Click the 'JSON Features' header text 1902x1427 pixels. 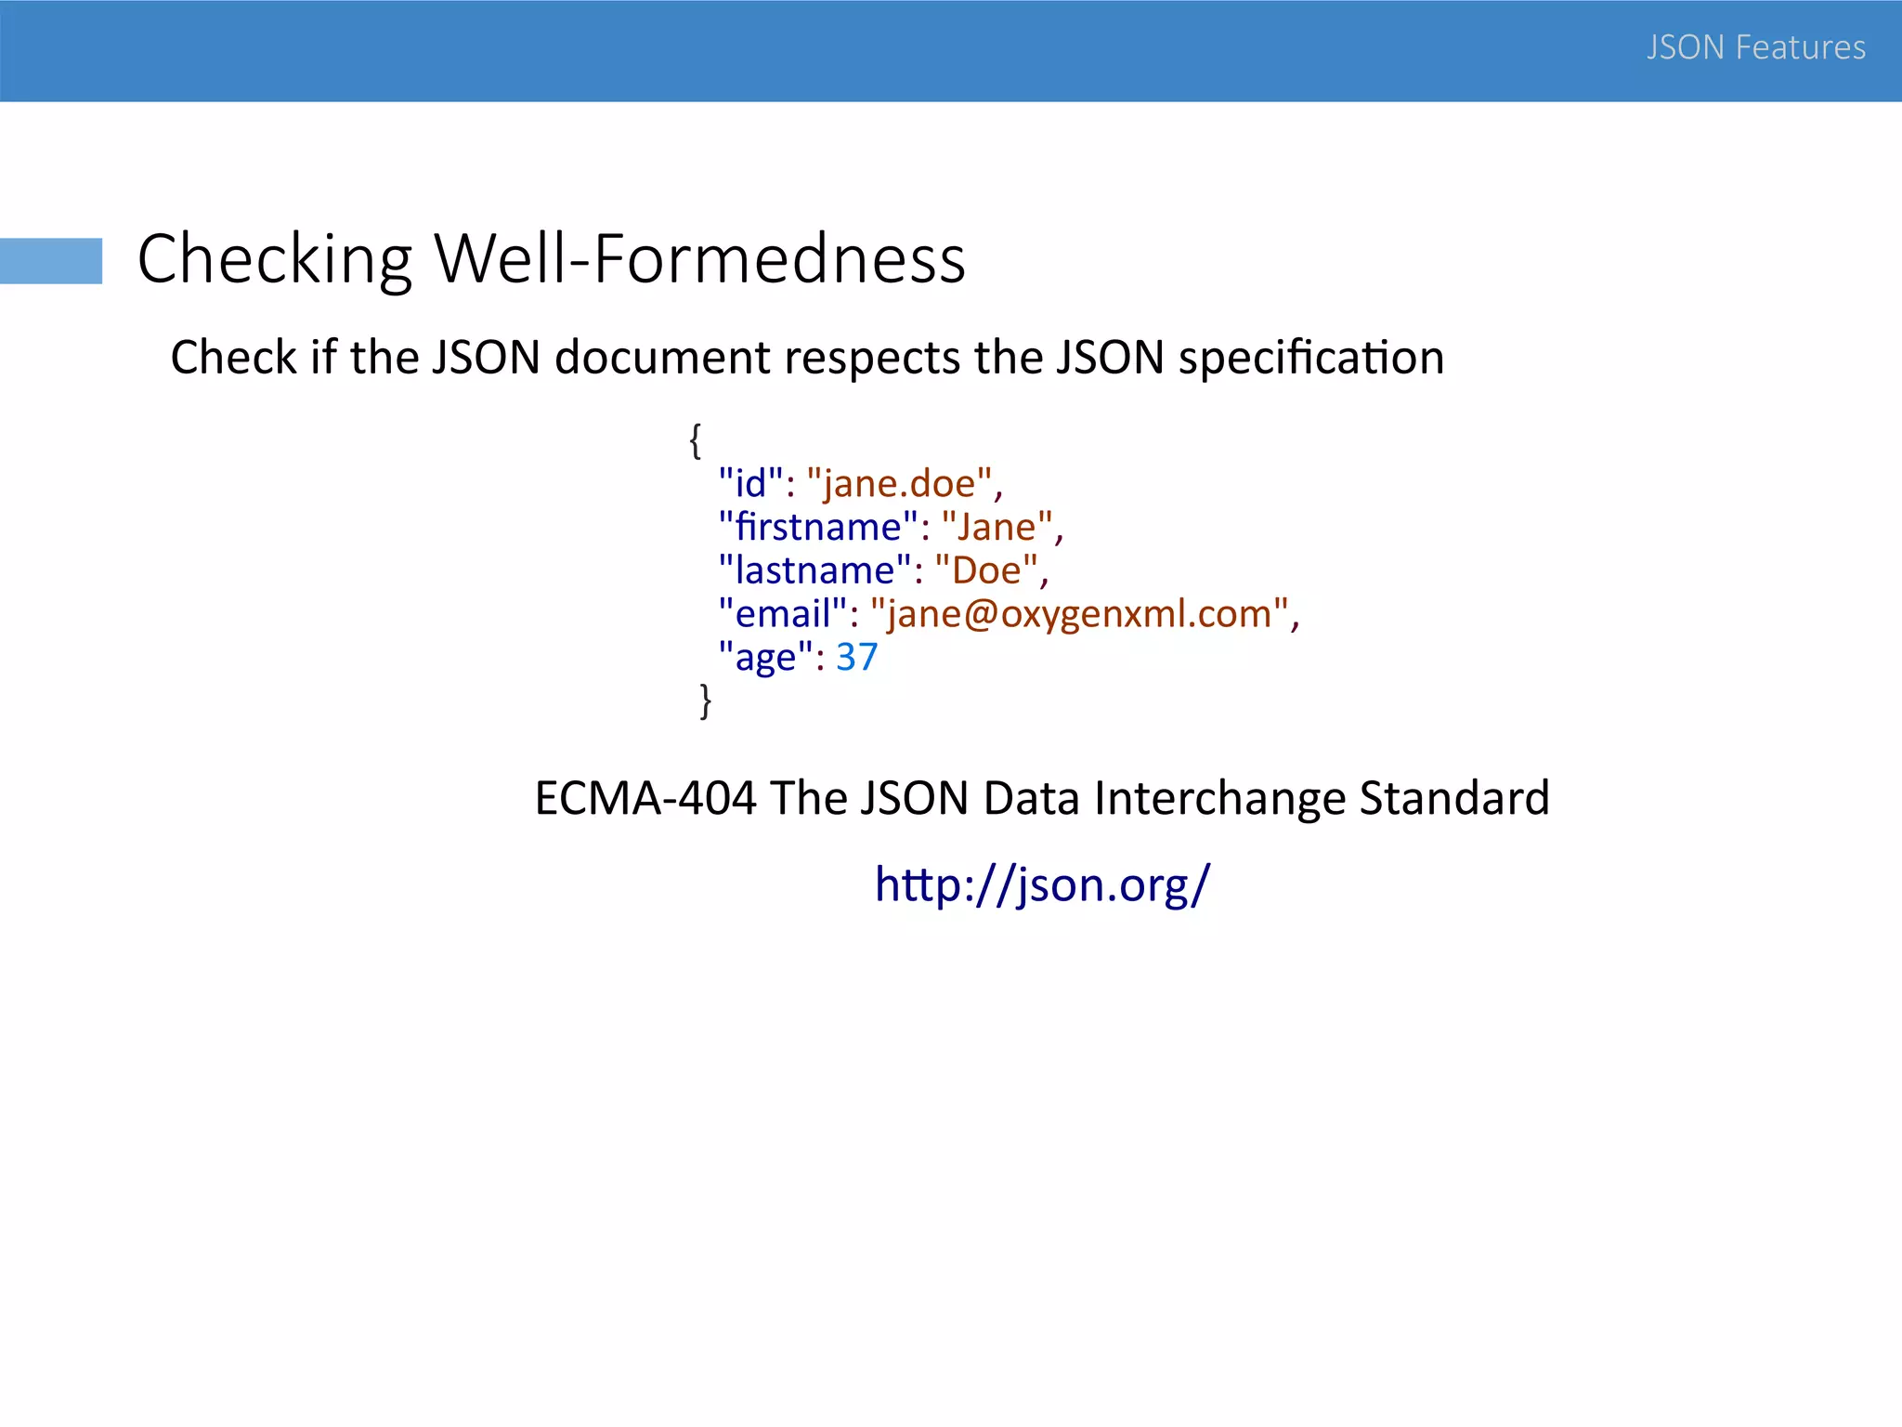click(x=1755, y=47)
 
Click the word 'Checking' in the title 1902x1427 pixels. click(x=275, y=258)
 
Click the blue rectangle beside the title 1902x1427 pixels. click(x=51, y=260)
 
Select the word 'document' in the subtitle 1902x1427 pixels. click(x=662, y=358)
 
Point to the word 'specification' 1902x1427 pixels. click(x=1310, y=358)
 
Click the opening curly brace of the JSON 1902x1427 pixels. click(x=695, y=439)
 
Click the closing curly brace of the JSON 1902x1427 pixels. click(x=706, y=700)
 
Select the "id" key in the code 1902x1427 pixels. click(x=750, y=483)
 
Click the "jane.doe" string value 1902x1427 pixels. click(x=900, y=483)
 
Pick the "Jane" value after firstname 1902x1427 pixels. click(x=997, y=527)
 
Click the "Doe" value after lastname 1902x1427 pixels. click(x=986, y=570)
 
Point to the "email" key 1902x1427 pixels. click(x=783, y=614)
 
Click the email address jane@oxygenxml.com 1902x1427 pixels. click(x=1079, y=614)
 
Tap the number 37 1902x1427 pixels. click(x=856, y=658)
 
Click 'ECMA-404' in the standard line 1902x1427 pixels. click(x=645, y=798)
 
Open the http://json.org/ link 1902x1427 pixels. click(x=1042, y=884)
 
